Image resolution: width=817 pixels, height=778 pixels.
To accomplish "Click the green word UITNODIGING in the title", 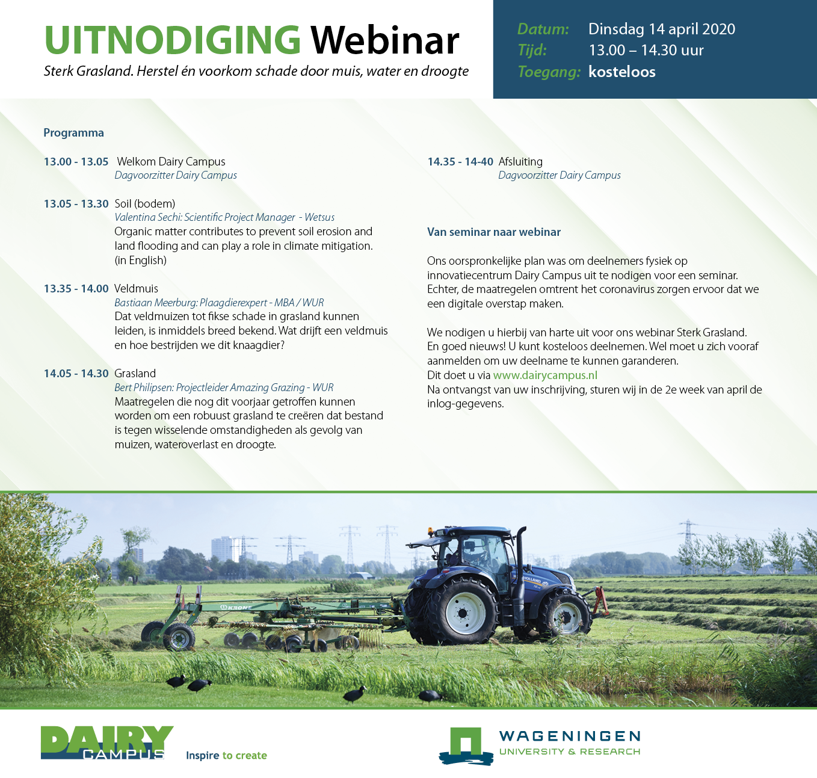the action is [172, 40].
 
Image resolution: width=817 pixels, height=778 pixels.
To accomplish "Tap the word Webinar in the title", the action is [385, 40].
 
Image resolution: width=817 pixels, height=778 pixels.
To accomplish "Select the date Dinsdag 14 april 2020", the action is [662, 29].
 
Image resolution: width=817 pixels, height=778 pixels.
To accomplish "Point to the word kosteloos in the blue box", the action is [621, 72].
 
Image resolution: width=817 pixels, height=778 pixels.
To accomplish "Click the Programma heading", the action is [73, 133].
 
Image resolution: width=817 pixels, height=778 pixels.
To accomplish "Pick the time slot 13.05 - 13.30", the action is [76, 203].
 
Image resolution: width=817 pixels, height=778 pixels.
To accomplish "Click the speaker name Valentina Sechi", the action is [147, 217].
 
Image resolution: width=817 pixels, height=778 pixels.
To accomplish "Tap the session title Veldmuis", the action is [136, 288].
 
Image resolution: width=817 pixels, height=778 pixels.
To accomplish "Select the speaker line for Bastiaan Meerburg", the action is [219, 303].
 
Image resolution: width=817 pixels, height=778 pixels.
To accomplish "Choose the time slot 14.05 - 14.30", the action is [76, 373].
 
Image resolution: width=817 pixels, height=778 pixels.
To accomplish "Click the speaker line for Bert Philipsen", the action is [224, 387].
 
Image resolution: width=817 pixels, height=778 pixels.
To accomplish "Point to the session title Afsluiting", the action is [520, 162].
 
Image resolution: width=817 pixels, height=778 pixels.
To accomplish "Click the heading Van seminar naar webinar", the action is [494, 232].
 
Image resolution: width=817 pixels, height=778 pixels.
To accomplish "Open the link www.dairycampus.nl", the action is [545, 375].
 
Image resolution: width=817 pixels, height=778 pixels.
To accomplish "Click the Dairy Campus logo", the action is [107, 742].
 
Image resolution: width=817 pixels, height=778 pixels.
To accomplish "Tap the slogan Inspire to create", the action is [226, 755].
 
